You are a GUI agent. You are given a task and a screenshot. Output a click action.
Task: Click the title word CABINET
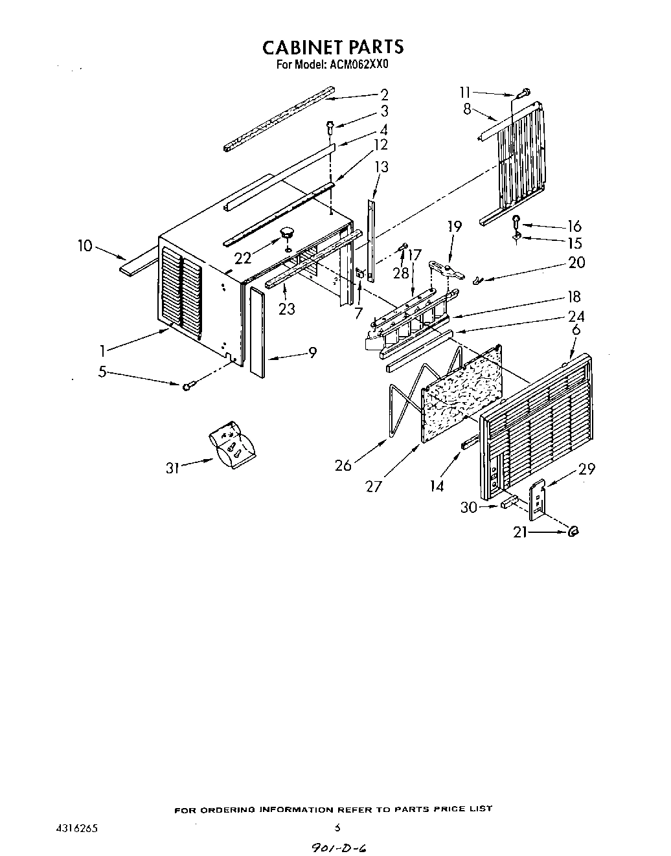pyautogui.click(x=302, y=47)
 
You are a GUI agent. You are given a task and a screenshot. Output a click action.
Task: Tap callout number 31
pyautogui.click(x=172, y=467)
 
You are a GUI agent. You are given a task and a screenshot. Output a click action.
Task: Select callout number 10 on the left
pyautogui.click(x=85, y=246)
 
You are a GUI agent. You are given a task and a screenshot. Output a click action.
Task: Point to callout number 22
pyautogui.click(x=242, y=258)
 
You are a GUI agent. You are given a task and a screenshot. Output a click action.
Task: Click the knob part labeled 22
pyautogui.click(x=286, y=232)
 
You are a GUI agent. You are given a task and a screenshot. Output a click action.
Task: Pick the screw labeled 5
pyautogui.click(x=188, y=387)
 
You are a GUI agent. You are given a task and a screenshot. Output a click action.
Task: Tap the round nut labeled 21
pyautogui.click(x=573, y=532)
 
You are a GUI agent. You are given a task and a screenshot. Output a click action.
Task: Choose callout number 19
pyautogui.click(x=455, y=226)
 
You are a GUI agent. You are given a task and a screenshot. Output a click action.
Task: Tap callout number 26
pyautogui.click(x=343, y=465)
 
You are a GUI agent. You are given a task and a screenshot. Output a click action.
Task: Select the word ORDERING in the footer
pyautogui.click(x=228, y=809)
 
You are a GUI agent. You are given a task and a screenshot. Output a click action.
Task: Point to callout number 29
pyautogui.click(x=587, y=469)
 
